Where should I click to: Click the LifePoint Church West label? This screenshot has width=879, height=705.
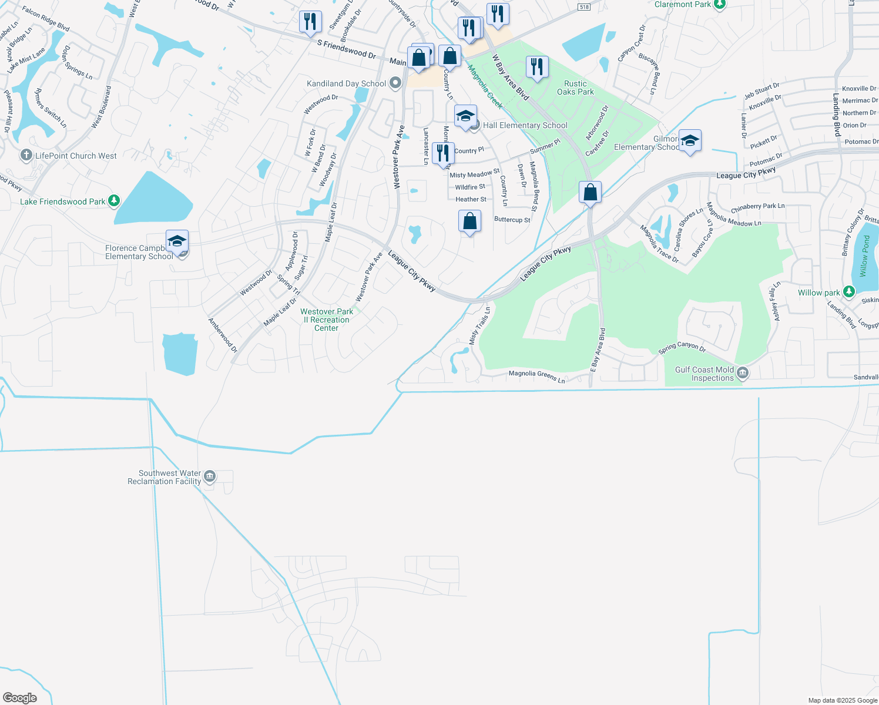(76, 156)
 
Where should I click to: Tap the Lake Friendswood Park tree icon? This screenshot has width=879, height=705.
(114, 201)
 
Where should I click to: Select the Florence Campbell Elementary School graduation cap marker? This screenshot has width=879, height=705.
(177, 241)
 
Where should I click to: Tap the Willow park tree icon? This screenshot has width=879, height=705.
(848, 291)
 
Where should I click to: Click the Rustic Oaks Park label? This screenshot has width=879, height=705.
(575, 88)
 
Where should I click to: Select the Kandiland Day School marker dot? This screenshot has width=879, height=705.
(395, 83)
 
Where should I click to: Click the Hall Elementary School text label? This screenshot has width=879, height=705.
(525, 125)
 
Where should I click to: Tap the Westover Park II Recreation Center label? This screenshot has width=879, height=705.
(327, 320)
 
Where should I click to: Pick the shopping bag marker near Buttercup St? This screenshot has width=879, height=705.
(469, 221)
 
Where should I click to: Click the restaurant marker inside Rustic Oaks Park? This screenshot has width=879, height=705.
(536, 66)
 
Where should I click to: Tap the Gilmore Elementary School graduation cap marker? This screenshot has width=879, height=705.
(690, 141)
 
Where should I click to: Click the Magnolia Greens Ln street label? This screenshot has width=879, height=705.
(536, 377)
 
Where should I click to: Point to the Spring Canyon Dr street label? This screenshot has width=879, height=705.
(682, 347)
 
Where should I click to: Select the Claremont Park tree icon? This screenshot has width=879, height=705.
(720, 4)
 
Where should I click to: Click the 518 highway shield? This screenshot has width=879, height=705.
(583, 7)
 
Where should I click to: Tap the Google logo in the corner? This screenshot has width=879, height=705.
(20, 698)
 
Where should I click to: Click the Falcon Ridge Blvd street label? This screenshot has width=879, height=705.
(46, 19)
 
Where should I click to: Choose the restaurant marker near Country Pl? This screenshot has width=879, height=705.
(443, 153)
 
